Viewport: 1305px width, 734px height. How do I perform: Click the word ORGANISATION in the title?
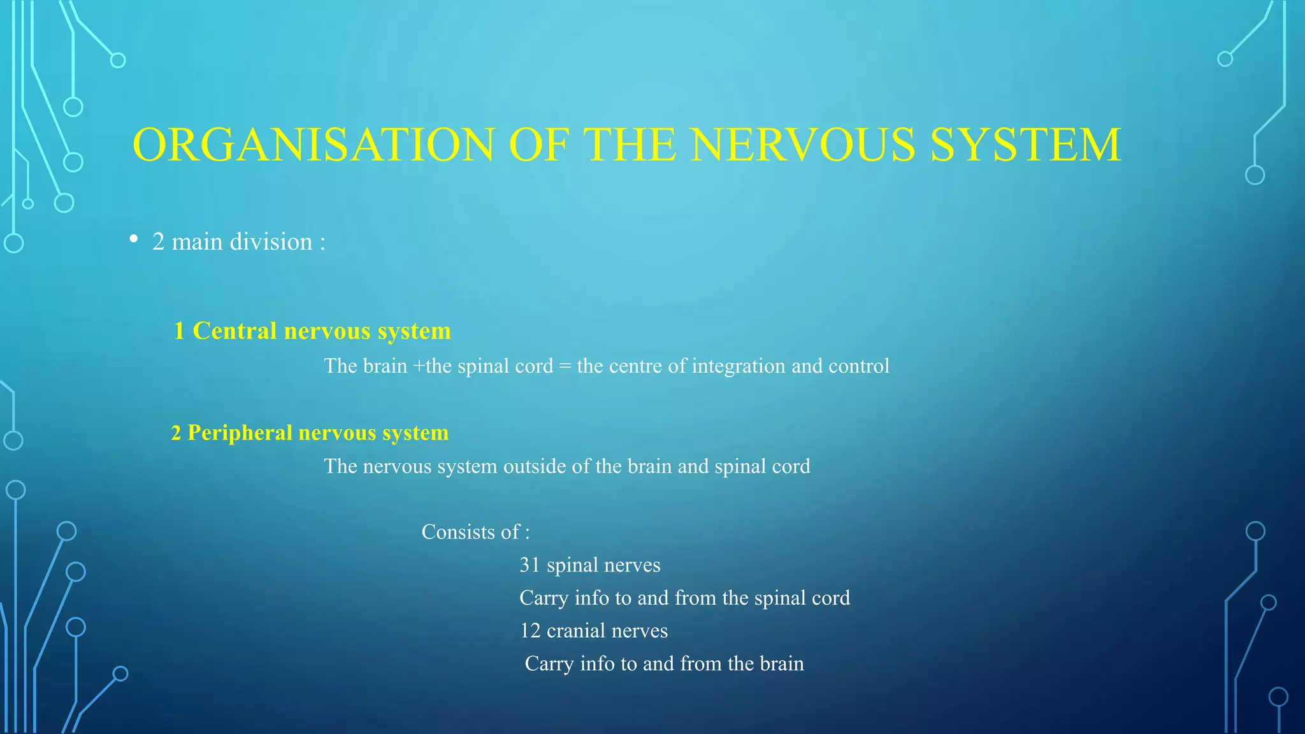click(313, 145)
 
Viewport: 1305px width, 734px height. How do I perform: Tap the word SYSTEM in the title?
click(1025, 145)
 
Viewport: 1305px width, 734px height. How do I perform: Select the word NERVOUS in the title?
click(804, 145)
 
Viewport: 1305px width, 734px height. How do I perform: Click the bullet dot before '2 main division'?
click(133, 239)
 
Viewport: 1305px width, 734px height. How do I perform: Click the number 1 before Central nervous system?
click(179, 331)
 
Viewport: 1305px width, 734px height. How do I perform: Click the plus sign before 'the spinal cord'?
click(418, 366)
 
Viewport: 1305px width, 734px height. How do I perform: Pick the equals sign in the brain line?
click(565, 366)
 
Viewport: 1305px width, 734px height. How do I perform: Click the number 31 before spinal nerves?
click(530, 565)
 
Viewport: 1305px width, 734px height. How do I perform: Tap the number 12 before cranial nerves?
click(530, 631)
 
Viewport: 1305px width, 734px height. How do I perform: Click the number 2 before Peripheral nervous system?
click(176, 433)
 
